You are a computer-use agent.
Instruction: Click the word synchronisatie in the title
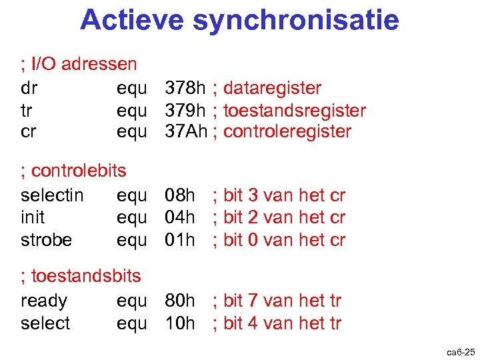click(296, 20)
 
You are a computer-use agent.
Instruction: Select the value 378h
click(185, 88)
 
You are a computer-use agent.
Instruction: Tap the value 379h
click(185, 110)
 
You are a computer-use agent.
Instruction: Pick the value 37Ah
click(187, 131)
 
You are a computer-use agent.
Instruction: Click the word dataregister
click(272, 88)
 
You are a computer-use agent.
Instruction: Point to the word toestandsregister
click(295, 110)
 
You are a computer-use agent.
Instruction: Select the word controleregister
click(287, 131)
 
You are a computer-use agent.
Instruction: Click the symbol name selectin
click(52, 195)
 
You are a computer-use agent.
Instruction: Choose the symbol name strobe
click(46, 239)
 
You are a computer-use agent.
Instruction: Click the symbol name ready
click(44, 301)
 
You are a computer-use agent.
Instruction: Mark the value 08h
click(180, 195)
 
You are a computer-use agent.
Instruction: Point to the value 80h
click(180, 301)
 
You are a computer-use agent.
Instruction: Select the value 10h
click(180, 323)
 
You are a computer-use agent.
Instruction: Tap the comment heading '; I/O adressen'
click(79, 65)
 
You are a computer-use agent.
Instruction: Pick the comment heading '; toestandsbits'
click(81, 275)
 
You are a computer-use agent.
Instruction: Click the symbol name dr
click(29, 88)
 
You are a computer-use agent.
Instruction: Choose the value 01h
click(180, 239)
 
